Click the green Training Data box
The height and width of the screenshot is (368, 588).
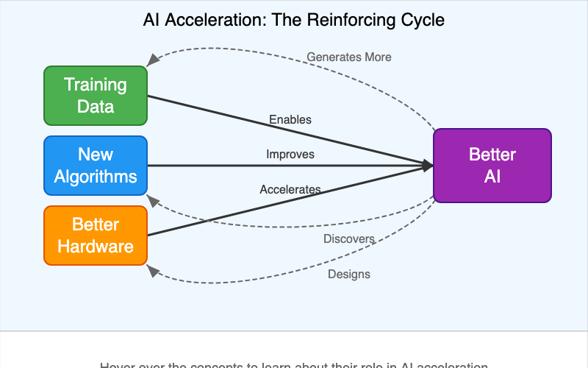[96, 96]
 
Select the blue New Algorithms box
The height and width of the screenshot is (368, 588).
[96, 166]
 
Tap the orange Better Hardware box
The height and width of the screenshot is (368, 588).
[96, 236]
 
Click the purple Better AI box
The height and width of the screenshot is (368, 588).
[492, 166]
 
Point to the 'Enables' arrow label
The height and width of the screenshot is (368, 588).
[290, 119]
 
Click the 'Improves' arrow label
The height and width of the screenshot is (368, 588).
[290, 155]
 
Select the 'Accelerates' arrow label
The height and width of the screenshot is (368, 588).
[290, 190]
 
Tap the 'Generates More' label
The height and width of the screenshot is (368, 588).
[349, 57]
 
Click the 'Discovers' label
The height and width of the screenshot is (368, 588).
[349, 239]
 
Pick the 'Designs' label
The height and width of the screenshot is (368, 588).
[349, 275]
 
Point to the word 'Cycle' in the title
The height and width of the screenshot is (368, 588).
[422, 20]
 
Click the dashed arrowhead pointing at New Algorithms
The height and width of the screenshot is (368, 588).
[151, 200]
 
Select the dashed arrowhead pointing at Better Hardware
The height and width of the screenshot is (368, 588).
[152, 270]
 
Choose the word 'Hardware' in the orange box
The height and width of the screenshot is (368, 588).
[96, 246]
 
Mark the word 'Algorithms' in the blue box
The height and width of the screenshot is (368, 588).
[96, 177]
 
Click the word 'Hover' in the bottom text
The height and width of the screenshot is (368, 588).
[118, 365]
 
